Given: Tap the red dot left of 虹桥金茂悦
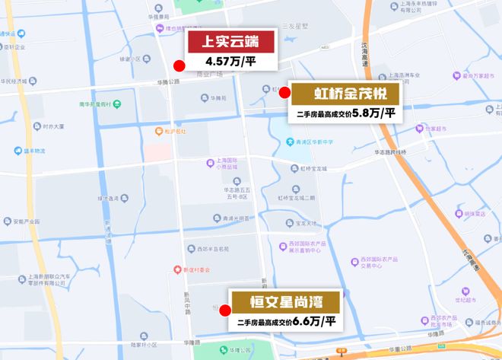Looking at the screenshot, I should click(284, 93).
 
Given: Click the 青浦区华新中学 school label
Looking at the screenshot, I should click(313, 142).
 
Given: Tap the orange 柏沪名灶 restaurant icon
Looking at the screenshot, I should click(157, 131).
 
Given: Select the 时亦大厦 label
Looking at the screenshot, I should click(54, 128).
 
